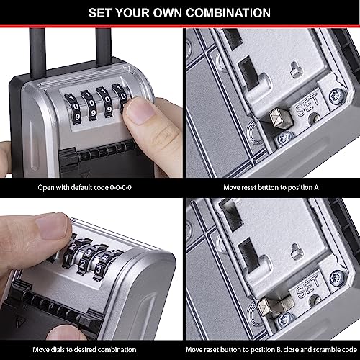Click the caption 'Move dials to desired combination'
pyautogui.click(x=90, y=349)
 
